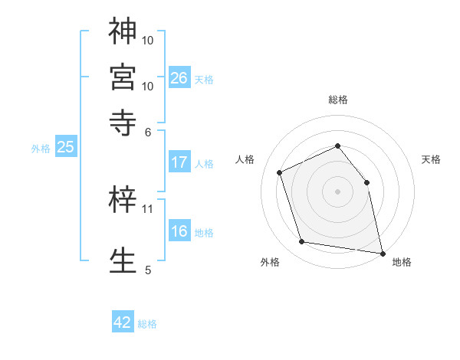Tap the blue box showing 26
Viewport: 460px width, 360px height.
179,77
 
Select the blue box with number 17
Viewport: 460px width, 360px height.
179,162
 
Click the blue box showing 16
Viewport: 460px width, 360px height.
179,231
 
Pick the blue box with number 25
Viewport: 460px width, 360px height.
65,147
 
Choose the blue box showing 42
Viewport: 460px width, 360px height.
123,322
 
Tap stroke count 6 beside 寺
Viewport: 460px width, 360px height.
149,131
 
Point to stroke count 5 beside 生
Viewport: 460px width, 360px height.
148,270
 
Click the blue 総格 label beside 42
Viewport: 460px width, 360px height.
147,324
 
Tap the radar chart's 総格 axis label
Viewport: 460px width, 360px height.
337,100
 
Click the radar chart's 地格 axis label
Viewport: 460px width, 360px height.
402,262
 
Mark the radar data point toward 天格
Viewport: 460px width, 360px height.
366,182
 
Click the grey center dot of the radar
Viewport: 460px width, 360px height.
337,191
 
